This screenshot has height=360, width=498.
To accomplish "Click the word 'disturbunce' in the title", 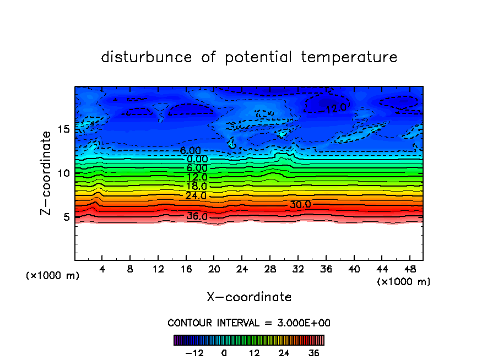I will [x=146, y=57].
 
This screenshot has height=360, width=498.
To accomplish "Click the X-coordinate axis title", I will [x=249, y=297].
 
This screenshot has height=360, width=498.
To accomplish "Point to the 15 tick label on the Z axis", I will [x=63, y=129].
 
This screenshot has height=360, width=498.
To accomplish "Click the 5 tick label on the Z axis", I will [x=66, y=217].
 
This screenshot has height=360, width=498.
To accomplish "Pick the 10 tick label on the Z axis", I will [x=63, y=173].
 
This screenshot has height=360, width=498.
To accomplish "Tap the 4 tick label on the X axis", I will [x=102, y=269].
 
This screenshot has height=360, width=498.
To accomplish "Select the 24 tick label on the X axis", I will [x=242, y=269].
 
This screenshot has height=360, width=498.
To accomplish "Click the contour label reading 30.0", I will [x=300, y=204].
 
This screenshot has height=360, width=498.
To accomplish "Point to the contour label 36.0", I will [x=197, y=216].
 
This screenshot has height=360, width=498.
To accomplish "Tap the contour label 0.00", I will [x=197, y=159].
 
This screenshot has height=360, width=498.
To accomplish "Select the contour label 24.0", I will [x=197, y=196].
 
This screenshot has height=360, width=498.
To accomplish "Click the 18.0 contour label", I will [x=197, y=187].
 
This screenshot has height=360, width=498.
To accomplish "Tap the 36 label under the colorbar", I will [x=314, y=353].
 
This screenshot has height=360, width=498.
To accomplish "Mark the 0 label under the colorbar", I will [x=224, y=353].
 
